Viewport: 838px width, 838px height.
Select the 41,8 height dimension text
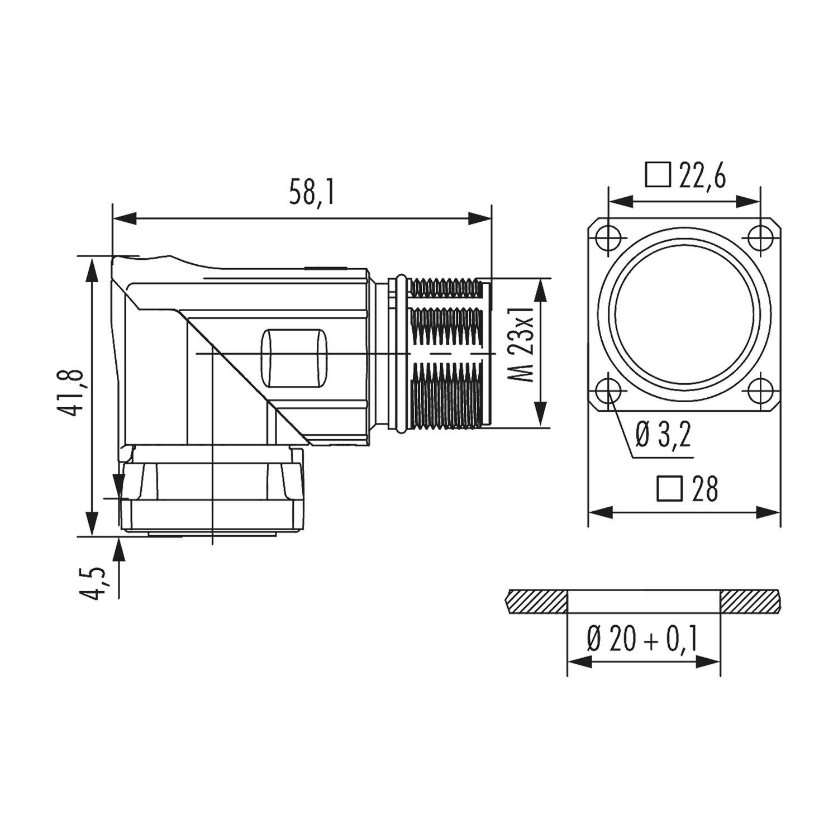[73, 392]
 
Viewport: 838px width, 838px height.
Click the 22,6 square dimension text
[702, 177]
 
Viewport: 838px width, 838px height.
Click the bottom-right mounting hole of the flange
[760, 392]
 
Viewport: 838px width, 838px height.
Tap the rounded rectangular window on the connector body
[294, 358]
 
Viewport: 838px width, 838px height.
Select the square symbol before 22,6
[658, 175]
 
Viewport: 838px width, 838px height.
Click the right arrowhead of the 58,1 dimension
[480, 218]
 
